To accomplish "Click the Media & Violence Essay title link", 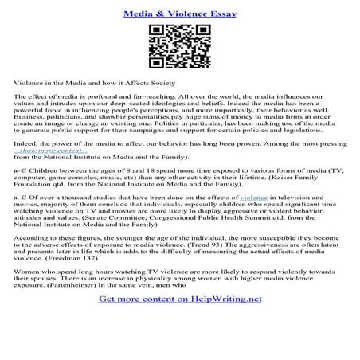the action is pos(179,14).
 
